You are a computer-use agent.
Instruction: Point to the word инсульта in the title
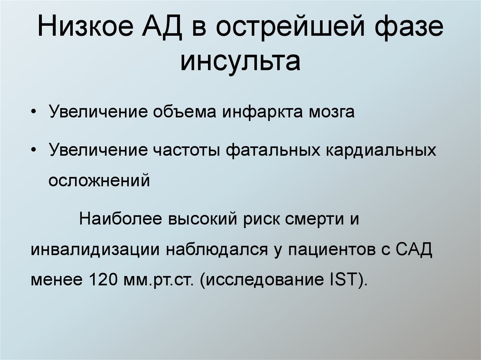coord(240,61)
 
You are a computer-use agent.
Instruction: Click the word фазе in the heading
coord(409,29)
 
